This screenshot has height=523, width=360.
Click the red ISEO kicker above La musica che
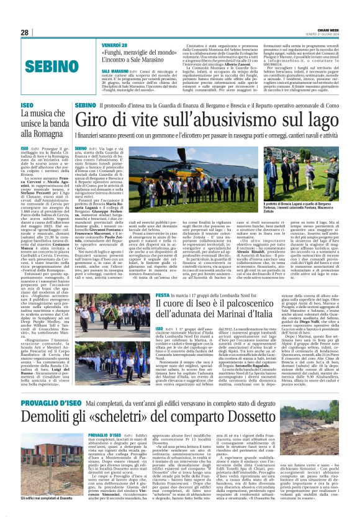[x=27, y=106]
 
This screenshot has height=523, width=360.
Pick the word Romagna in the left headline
[x=43, y=134]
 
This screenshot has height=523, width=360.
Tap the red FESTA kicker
[x=163, y=294]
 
